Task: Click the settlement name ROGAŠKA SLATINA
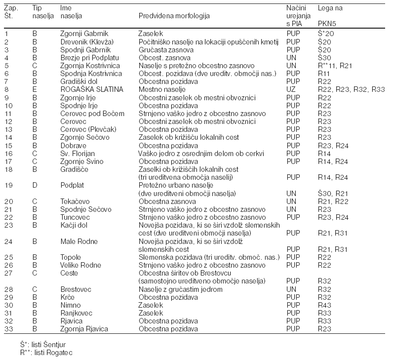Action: [92, 89]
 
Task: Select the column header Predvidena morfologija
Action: [174, 16]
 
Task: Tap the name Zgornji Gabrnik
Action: [84, 34]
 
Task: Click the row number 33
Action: [9, 329]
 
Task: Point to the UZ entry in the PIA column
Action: [291, 89]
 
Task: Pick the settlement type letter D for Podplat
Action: [35, 186]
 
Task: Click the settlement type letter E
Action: [35, 89]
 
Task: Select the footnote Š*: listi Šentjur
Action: [43, 344]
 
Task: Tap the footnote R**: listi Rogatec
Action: [46, 353]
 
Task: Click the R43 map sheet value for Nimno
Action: [324, 305]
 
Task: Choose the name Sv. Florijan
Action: [78, 154]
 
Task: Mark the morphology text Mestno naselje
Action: [162, 89]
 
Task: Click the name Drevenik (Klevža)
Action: [87, 42]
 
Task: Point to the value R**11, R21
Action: [335, 66]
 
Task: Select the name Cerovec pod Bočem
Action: [92, 114]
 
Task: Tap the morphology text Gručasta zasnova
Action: [166, 50]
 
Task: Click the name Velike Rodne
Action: [80, 265]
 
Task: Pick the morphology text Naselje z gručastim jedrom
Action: [180, 289]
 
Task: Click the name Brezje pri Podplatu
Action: [90, 58]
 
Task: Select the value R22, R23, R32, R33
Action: [351, 89]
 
